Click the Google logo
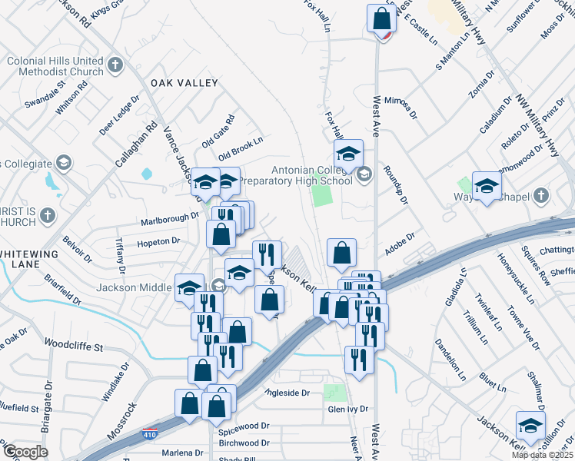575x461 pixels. click(x=25, y=452)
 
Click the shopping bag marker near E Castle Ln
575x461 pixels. click(x=382, y=17)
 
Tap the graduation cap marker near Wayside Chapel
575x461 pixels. click(x=487, y=187)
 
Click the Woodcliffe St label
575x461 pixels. click(x=74, y=345)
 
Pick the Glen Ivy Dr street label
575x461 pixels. click(x=349, y=409)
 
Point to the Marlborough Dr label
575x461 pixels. click(x=170, y=219)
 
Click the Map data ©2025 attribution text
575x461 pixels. click(x=543, y=455)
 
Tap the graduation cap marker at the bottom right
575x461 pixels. click(x=530, y=425)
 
